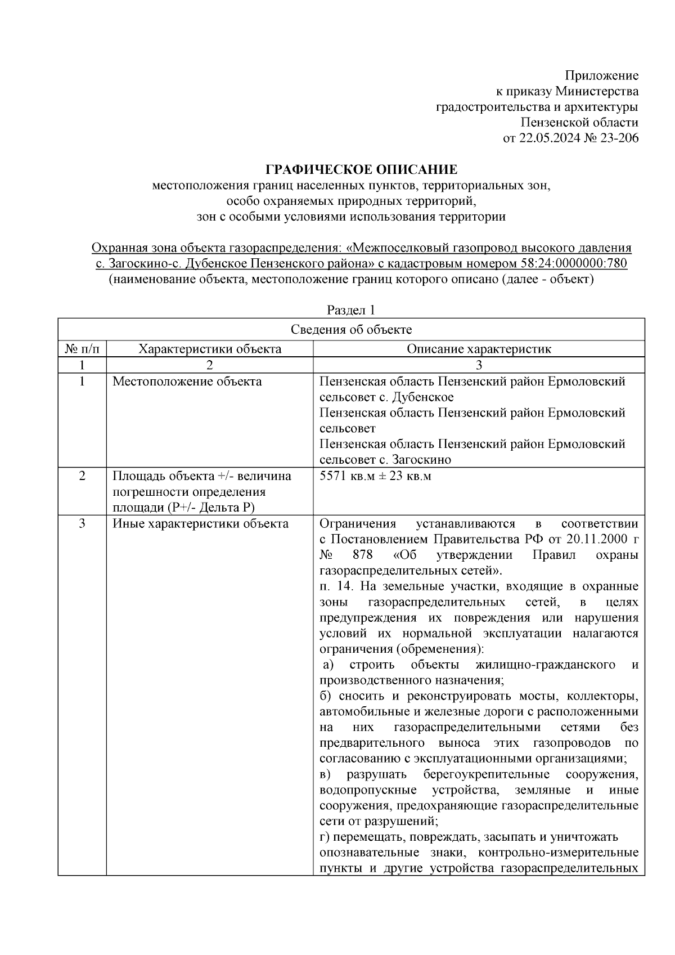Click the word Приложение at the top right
[601, 75]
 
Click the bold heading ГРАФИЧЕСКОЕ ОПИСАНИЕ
[361, 169]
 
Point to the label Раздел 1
[351, 310]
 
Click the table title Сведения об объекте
[351, 330]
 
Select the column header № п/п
[82, 349]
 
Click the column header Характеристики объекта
[210, 349]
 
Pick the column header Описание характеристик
[479, 349]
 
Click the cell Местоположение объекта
[187, 382]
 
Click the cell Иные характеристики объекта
[201, 524]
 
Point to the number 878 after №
[362, 555]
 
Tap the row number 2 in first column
[82, 476]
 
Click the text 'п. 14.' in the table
[336, 586]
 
